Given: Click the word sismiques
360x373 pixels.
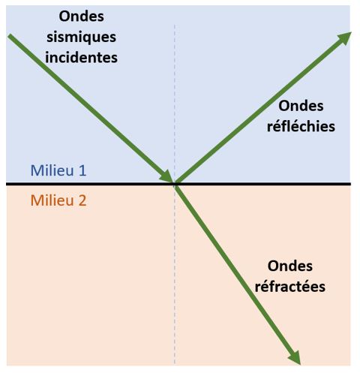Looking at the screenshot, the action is tap(81, 38).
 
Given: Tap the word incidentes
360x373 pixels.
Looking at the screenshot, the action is tap(81, 58).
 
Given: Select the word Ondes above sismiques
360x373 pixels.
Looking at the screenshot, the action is tap(81, 17).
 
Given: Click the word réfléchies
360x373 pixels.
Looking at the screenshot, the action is tap(301, 126).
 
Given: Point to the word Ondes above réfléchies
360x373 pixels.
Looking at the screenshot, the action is tap(301, 106).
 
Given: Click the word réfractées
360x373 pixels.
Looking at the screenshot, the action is tap(290, 286).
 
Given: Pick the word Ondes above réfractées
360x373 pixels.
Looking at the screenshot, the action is tap(290, 266).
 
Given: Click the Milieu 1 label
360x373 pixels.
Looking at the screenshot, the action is tap(58, 170).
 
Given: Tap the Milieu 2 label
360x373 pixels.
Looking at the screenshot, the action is tap(58, 200).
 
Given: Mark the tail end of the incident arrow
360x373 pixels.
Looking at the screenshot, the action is tap(9, 36).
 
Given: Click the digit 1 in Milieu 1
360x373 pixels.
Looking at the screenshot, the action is tap(82, 170).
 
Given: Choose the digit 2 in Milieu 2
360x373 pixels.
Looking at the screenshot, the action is tap(82, 200).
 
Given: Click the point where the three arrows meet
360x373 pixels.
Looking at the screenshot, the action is tap(175, 184).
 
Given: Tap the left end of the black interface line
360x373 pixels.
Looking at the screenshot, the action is tap(6, 184).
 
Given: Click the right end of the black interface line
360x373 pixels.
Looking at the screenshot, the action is tap(351, 184).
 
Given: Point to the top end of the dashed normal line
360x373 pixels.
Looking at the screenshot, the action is tap(175, 25).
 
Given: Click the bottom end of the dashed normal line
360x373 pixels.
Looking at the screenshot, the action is tap(175, 364).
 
